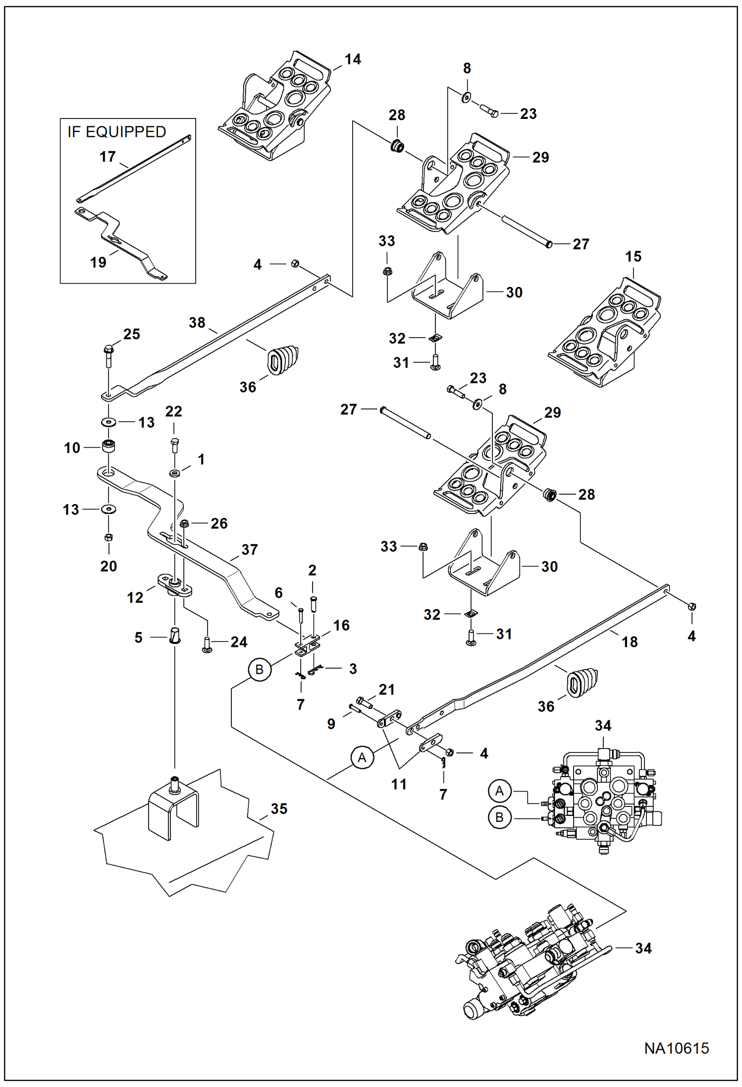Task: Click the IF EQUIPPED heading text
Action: (117, 132)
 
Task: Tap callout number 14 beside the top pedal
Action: (353, 59)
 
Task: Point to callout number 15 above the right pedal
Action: (633, 256)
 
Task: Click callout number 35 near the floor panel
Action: (279, 808)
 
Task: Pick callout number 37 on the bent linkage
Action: (250, 549)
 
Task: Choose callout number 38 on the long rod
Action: (197, 323)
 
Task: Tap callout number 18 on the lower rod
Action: (630, 642)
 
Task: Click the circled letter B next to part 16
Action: (259, 670)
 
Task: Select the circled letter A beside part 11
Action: (362, 757)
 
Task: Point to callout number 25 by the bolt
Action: (131, 334)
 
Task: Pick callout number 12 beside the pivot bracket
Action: (135, 597)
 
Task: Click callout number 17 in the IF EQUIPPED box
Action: (107, 157)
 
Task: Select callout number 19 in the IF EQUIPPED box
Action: (98, 262)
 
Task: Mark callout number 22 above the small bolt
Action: (173, 411)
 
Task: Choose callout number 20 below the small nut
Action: (108, 566)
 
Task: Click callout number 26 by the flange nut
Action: (219, 523)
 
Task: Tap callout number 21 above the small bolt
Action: (386, 689)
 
